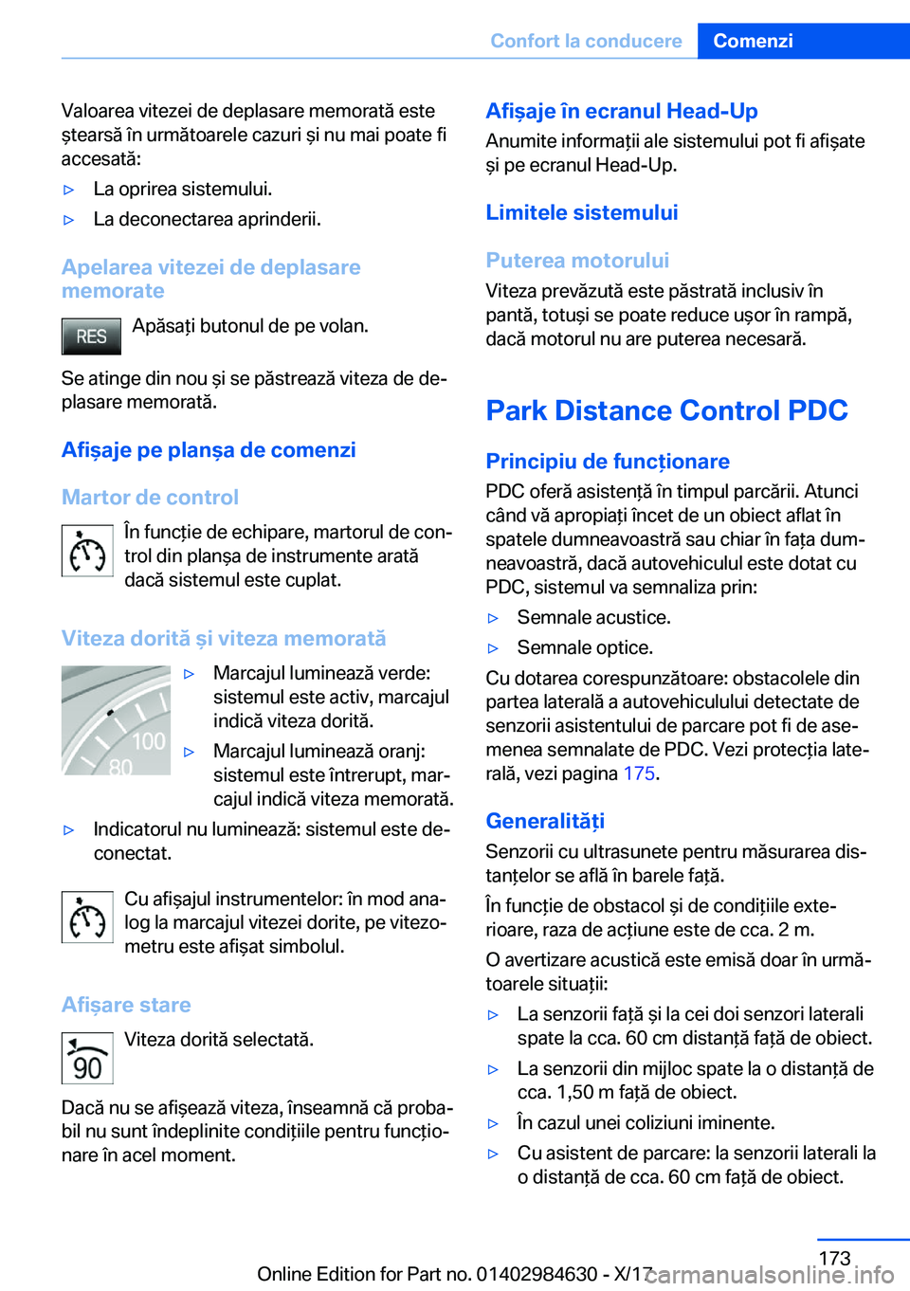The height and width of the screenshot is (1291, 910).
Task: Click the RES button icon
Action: (91, 336)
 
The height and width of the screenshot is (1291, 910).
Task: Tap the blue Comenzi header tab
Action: (753, 41)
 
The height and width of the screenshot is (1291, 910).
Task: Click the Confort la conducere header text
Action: (586, 41)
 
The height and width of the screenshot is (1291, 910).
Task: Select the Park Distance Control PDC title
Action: (666, 410)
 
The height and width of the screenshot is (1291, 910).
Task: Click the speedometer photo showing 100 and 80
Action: (116, 720)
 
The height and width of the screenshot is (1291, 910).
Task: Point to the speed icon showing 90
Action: (87, 1058)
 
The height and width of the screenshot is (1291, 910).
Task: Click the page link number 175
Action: (639, 773)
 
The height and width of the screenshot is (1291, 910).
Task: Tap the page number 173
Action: (834, 1258)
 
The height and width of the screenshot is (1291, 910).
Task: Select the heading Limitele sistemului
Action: (582, 212)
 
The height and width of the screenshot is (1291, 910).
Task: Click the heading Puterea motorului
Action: (577, 261)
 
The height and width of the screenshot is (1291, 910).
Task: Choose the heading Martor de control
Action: (150, 498)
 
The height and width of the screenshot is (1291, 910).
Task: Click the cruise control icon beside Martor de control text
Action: (87, 551)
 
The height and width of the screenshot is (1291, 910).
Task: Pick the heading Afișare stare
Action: (126, 1005)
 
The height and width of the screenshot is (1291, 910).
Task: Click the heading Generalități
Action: (545, 821)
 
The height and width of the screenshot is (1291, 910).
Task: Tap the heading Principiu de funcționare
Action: (608, 462)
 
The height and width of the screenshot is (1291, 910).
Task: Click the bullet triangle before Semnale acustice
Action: (493, 618)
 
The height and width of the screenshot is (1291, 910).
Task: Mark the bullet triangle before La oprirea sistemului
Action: (68, 190)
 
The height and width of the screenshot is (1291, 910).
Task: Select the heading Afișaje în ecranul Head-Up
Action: (622, 111)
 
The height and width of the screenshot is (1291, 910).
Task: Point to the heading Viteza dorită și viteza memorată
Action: (224, 639)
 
